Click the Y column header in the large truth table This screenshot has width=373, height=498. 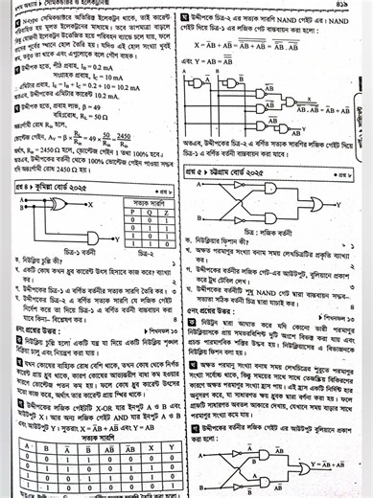(x=167, y=445)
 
